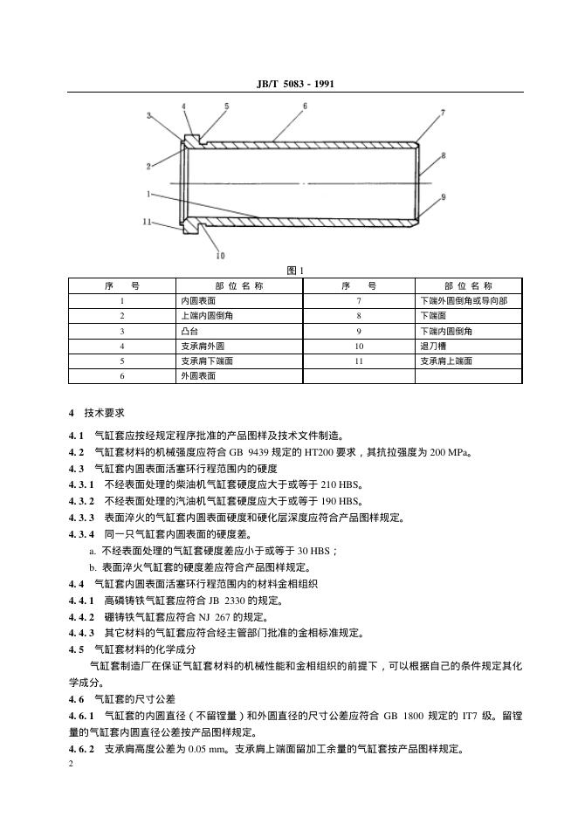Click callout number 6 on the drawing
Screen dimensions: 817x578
click(x=305, y=106)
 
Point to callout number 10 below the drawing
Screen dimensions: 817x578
click(x=220, y=256)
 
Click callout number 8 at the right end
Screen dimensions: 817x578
click(x=444, y=155)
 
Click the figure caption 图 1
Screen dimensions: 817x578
click(x=295, y=271)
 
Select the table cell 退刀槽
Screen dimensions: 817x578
click(x=433, y=346)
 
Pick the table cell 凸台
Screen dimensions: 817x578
click(x=189, y=331)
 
